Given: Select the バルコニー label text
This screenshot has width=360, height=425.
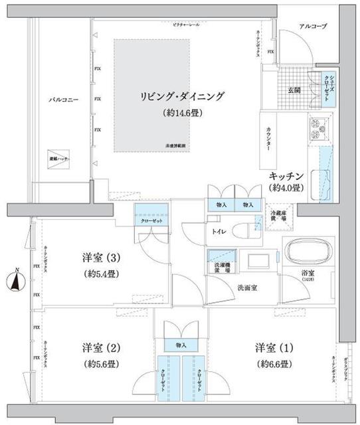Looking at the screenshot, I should click(64, 100).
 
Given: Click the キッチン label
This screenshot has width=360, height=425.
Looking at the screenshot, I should click(286, 175).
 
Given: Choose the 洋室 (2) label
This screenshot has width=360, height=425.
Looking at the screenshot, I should click(92, 348).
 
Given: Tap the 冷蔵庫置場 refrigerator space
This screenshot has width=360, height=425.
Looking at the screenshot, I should click(276, 217).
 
